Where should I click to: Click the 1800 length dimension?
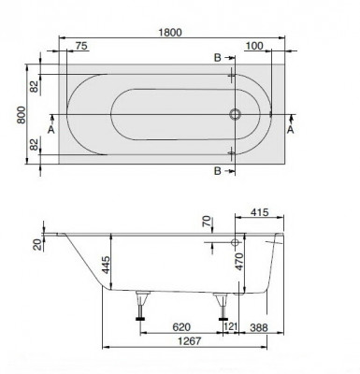coord(168,32)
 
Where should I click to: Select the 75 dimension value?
coord(81,45)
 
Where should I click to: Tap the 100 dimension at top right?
coord(253,45)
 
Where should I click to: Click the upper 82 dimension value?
coord(34,86)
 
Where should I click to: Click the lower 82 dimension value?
coord(34,145)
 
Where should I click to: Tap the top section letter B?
coord(218,58)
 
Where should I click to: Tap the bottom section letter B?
coord(218,172)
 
